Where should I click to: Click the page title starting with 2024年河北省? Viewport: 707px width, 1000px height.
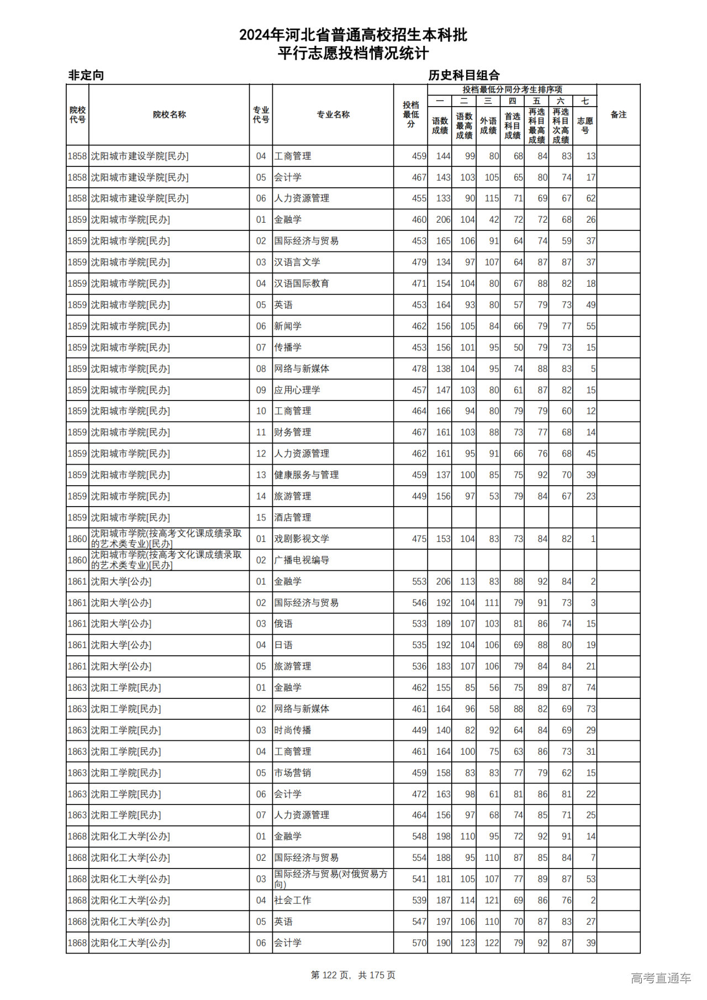click(353, 35)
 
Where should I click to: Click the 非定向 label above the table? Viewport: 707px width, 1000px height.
click(86, 75)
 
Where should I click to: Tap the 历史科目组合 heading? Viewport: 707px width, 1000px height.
click(464, 75)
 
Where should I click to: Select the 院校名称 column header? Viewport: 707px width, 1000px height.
click(169, 115)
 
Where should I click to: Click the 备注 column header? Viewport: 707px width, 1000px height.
click(618, 115)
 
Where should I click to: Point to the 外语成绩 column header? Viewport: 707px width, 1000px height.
click(488, 125)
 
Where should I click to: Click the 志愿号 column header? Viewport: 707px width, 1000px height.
click(585, 125)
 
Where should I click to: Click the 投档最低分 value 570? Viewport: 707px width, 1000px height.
click(419, 943)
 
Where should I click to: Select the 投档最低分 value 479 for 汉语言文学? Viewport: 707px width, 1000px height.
click(419, 262)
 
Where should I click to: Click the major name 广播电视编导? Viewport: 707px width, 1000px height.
click(302, 560)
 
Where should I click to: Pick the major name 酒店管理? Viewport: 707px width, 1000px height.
click(293, 518)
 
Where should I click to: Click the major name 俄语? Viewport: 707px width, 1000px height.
click(283, 624)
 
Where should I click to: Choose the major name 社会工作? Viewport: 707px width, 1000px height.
click(293, 901)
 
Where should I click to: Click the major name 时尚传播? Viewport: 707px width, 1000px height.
click(293, 730)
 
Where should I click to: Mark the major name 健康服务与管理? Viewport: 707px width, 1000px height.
click(307, 475)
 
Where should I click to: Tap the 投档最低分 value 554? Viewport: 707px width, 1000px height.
click(419, 858)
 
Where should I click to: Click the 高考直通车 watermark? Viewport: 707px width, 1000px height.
click(661, 978)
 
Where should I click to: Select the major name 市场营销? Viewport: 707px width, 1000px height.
click(293, 773)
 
